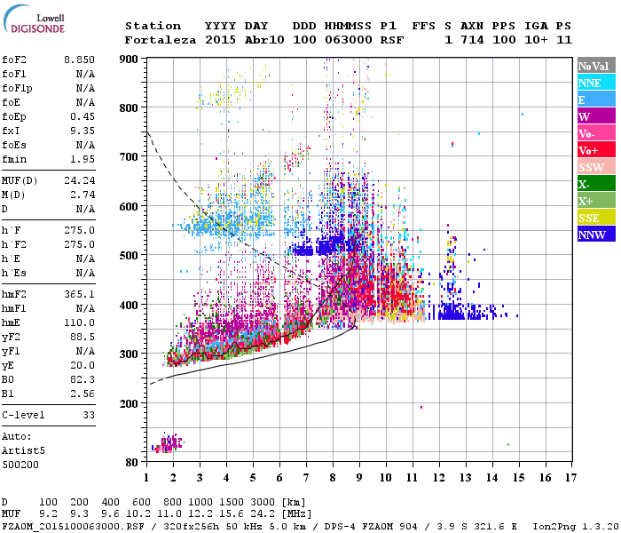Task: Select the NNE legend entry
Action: coord(595,83)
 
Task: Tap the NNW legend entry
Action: coord(595,235)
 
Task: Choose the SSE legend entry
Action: coord(595,219)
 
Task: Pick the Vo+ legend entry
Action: coord(595,151)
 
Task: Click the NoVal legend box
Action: coord(595,66)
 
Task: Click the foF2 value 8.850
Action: coord(80,59)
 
